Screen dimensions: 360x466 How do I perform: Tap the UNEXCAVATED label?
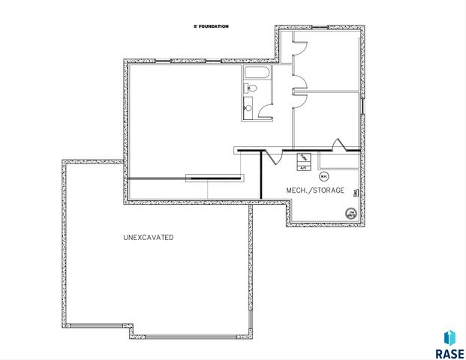[149, 237]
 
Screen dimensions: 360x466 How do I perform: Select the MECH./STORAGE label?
[315, 190]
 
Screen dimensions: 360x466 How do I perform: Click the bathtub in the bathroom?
[256, 73]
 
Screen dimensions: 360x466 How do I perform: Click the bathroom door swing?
[264, 112]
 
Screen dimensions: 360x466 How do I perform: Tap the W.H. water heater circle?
[323, 176]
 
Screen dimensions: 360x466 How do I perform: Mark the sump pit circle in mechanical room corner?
[350, 214]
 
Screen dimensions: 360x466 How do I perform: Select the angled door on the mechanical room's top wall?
[338, 143]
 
